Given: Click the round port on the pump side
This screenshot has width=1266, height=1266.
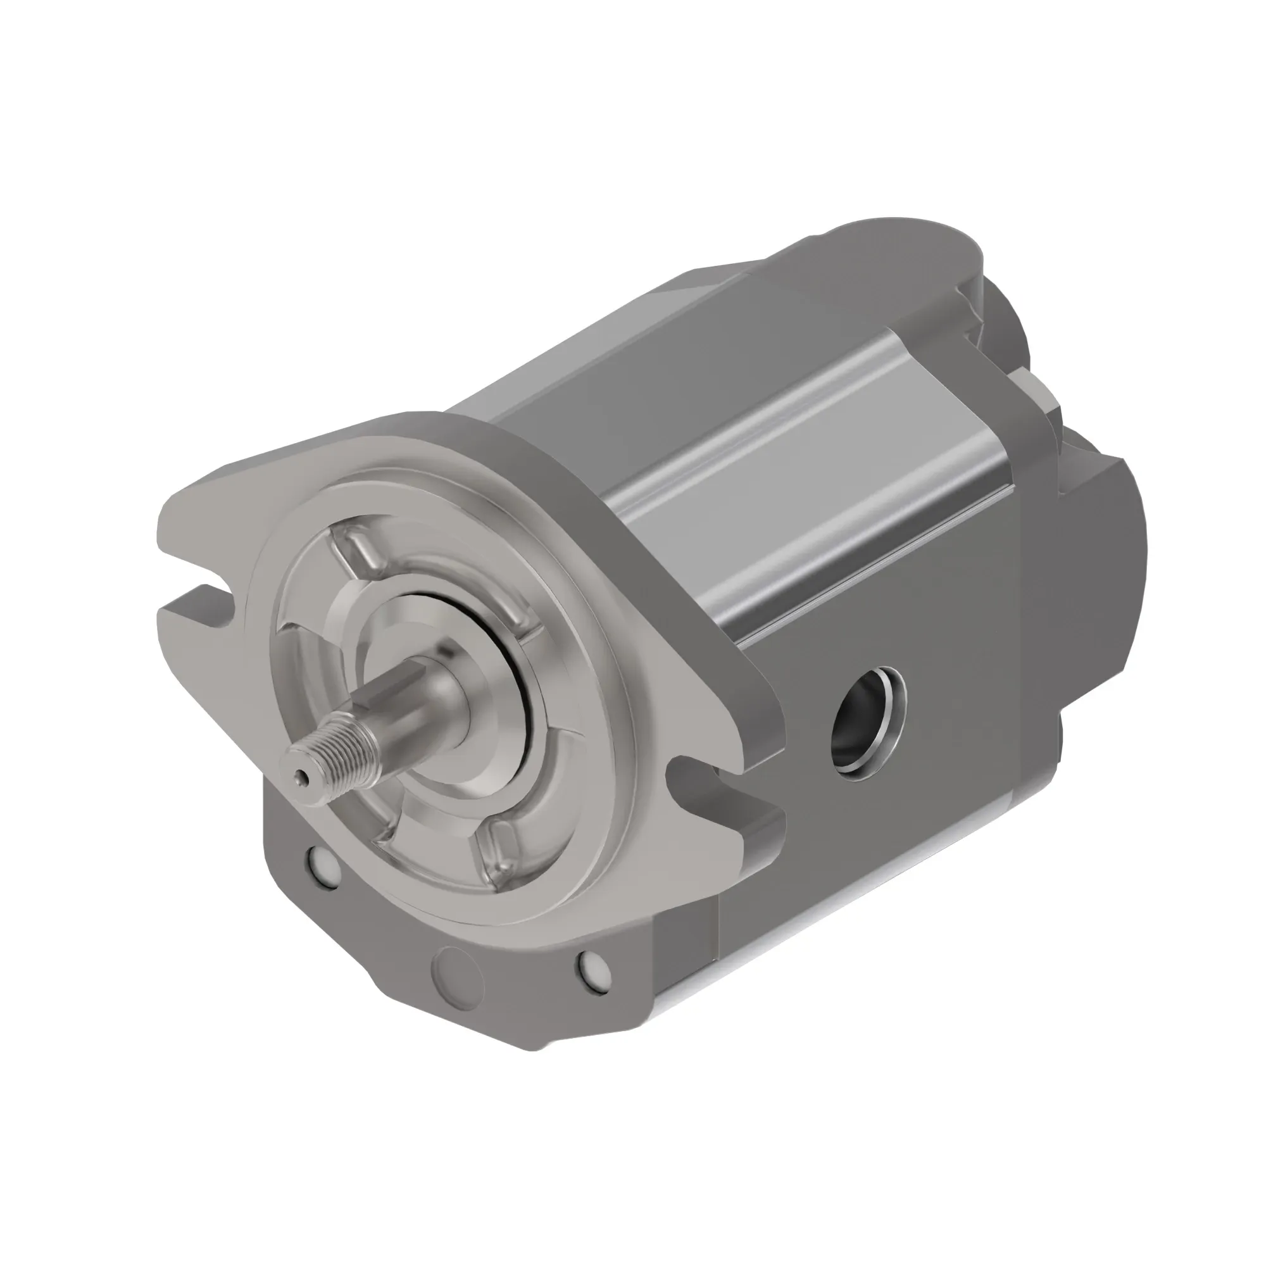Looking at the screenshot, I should tap(868, 724).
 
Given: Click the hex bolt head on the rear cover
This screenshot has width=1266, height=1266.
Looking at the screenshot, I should tap(1036, 393).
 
